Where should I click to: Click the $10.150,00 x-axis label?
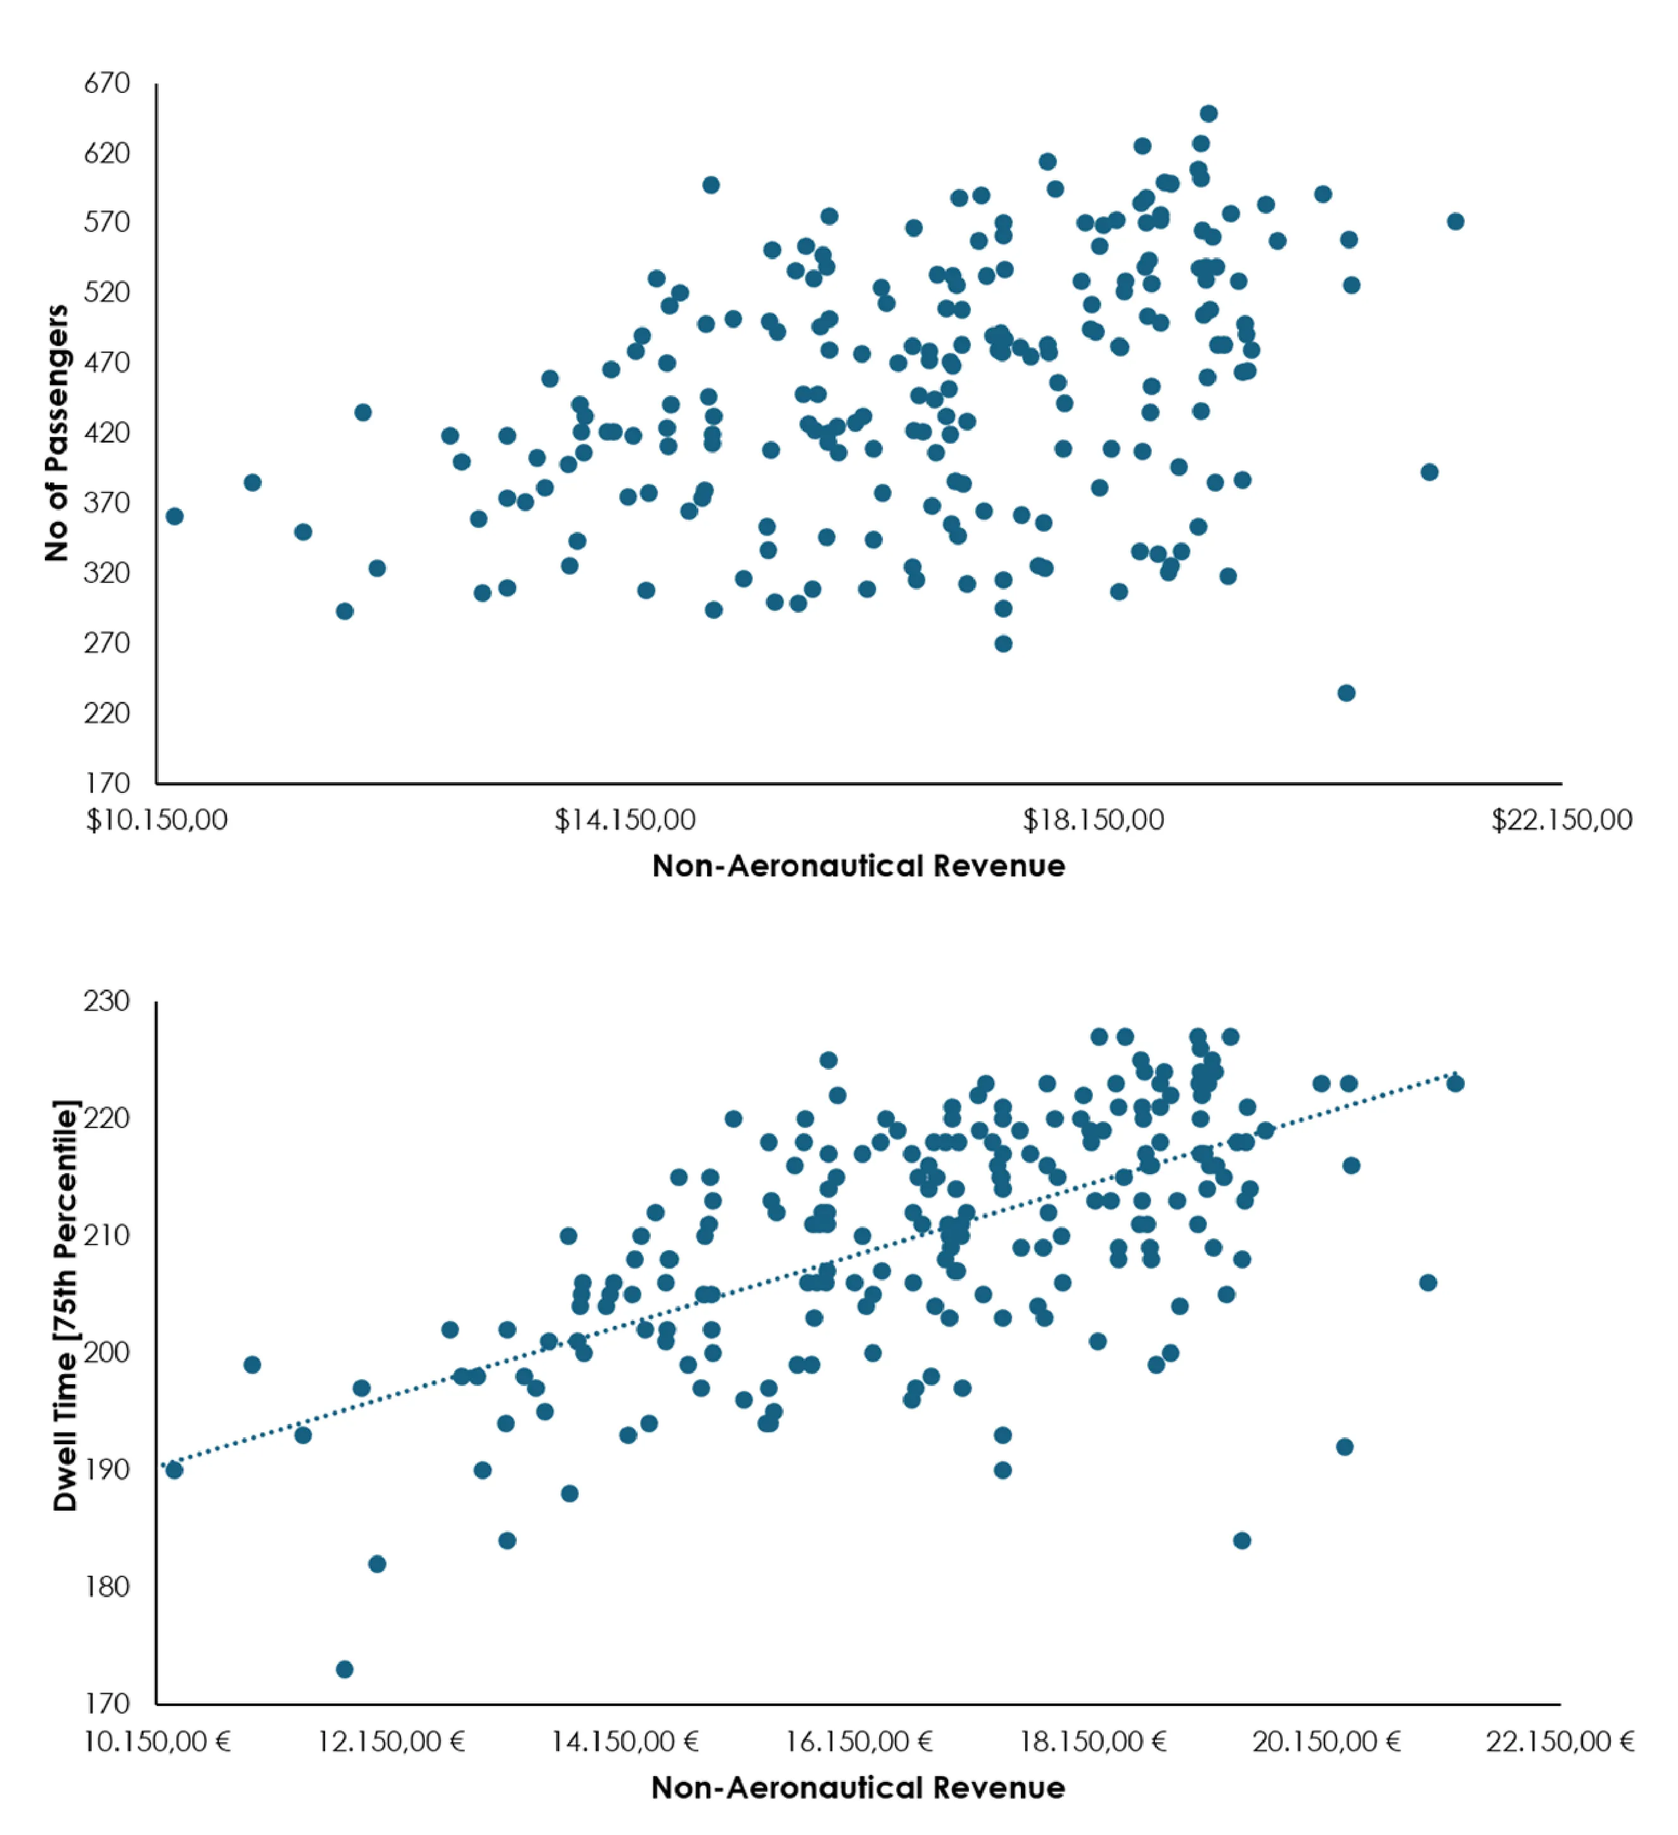click(157, 820)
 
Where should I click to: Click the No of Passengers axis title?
click(56, 433)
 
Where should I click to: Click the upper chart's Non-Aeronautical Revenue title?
click(858, 866)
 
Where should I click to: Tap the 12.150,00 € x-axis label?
click(391, 1742)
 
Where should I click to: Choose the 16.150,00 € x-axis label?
click(858, 1742)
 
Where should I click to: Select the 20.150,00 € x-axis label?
click(1326, 1742)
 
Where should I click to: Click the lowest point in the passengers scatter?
click(1347, 692)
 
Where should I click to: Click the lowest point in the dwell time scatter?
click(344, 1669)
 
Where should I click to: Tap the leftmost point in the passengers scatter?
click(174, 516)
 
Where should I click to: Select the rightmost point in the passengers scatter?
click(1455, 221)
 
